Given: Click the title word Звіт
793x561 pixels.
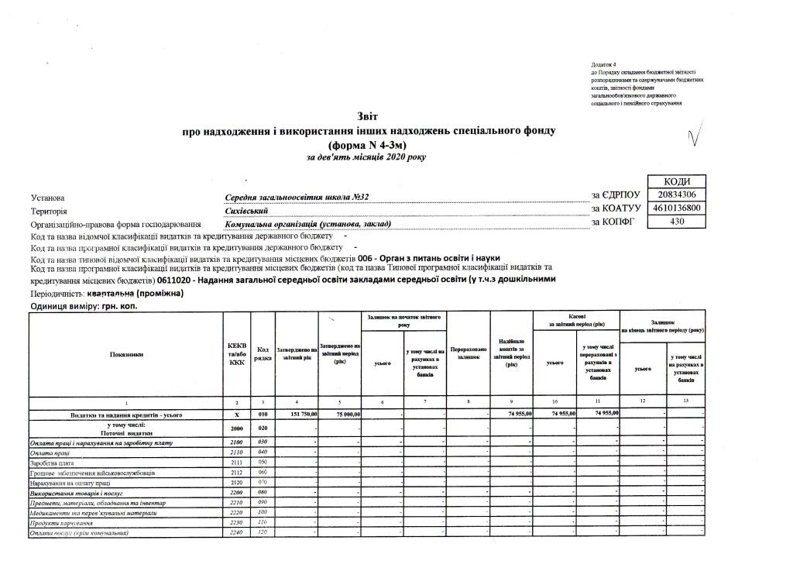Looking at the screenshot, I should point(367,116).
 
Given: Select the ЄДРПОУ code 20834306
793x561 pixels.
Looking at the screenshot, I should point(677,194).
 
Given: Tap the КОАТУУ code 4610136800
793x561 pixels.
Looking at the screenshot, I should point(677,208).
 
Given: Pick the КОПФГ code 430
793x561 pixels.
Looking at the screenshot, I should point(677,222).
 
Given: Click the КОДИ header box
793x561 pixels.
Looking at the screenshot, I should point(677,181).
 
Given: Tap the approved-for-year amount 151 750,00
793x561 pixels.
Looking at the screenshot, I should point(299,415).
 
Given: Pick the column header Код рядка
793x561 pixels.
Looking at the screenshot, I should point(262,355).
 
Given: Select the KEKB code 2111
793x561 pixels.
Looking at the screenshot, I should point(237,462).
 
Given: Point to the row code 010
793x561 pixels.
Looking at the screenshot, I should point(262,415).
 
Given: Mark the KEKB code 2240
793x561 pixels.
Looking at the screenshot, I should point(237,533).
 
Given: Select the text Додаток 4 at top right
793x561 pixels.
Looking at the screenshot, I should point(603,63).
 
